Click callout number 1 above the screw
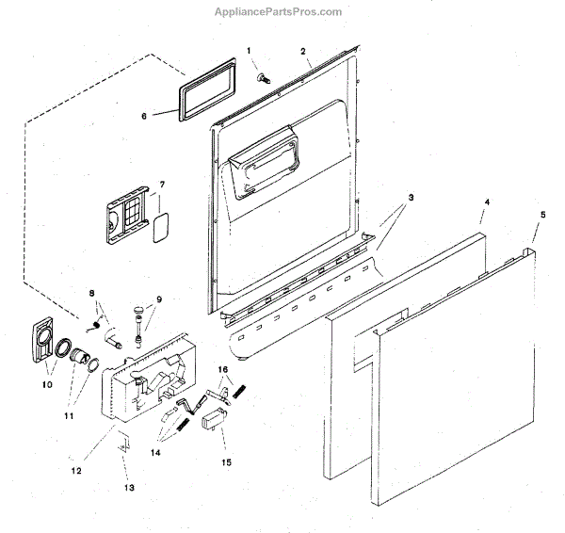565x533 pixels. pyautogui.click(x=250, y=49)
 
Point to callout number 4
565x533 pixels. pyautogui.click(x=487, y=202)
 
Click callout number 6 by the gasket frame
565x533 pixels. pyautogui.click(x=144, y=116)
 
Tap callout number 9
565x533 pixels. pyautogui.click(x=159, y=299)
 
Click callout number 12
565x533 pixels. pyautogui.click(x=77, y=468)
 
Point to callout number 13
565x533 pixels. pyautogui.click(x=129, y=487)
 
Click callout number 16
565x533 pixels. pyautogui.click(x=223, y=370)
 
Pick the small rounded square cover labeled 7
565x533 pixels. pyautogui.click(x=159, y=227)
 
